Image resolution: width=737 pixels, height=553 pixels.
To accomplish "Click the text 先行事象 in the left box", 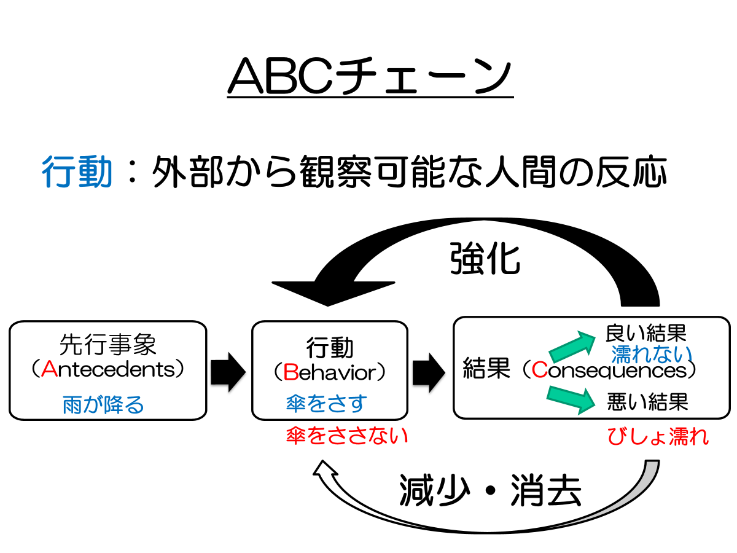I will click(x=108, y=345).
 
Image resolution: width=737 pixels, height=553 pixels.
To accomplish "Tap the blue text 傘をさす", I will click(x=326, y=403).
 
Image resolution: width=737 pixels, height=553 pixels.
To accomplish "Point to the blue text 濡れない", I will click(x=651, y=353).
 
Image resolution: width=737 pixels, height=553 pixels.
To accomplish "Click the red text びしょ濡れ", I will click(x=658, y=436).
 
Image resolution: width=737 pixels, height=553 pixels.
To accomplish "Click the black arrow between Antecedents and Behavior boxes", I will click(x=228, y=371).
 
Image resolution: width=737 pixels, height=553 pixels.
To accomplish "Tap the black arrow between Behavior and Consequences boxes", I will click(x=429, y=371).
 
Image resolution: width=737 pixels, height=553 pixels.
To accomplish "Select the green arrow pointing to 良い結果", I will click(x=572, y=347).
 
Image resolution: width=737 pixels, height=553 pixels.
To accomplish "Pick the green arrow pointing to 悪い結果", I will click(x=572, y=398).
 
